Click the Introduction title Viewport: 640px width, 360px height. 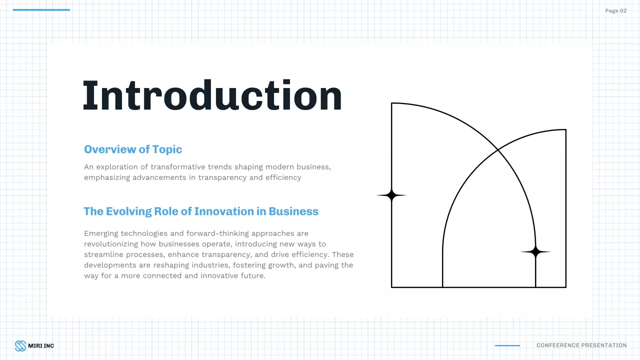[212, 95]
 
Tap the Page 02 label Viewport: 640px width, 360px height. [615, 11]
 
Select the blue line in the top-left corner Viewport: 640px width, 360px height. [41, 10]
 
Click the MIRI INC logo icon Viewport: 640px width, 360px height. [20, 345]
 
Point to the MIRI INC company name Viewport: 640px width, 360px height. [41, 345]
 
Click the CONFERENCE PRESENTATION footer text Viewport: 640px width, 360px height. [581, 345]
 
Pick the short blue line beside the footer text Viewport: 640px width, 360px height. [507, 345]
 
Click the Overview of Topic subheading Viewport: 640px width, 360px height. [133, 149]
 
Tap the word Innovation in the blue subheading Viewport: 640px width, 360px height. [224, 211]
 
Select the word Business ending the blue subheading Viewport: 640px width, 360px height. [293, 211]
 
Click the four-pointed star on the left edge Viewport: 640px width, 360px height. [391, 195]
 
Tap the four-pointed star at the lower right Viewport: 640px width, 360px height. [535, 252]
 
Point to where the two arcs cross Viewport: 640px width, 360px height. [497, 149]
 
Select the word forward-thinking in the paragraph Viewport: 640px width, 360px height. [217, 233]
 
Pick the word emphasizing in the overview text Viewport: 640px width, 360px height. [106, 177]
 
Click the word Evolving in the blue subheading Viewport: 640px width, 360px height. [128, 211]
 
